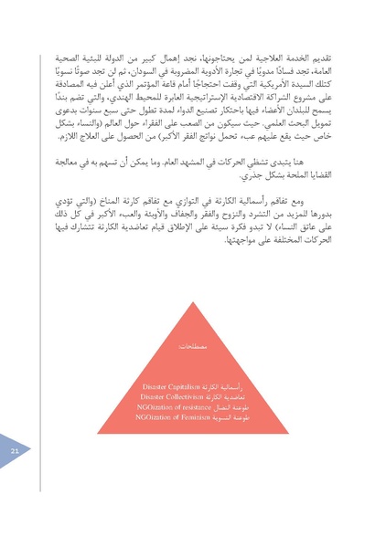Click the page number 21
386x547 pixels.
pyautogui.click(x=16, y=452)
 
